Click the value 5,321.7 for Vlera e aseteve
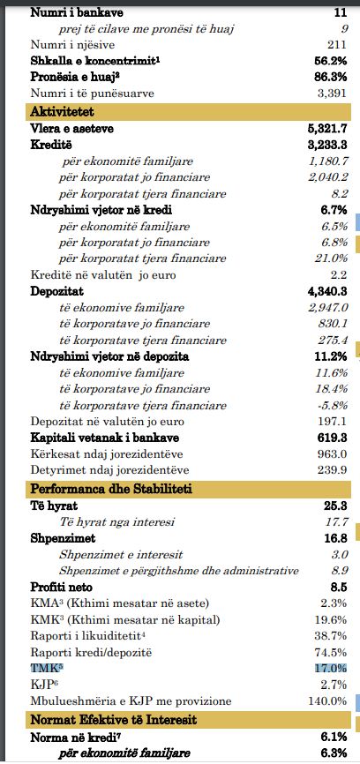point(326,129)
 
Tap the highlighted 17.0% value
point(331,668)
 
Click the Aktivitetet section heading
point(63,112)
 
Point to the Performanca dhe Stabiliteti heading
point(111,489)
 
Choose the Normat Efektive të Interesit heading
point(114,719)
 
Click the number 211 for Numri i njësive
point(336,45)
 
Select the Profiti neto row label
point(62,588)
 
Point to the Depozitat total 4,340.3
point(326,291)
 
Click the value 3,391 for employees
point(333,93)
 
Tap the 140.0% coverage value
point(328,701)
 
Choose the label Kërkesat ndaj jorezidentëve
point(107,454)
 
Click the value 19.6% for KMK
point(331,620)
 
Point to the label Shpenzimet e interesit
point(121,555)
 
